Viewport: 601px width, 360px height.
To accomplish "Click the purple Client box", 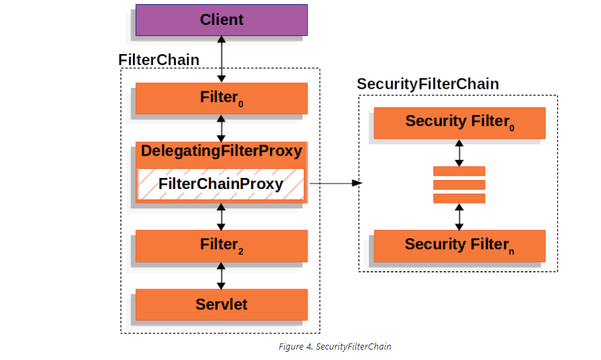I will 221,20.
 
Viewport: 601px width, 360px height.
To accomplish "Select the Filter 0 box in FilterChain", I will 221,98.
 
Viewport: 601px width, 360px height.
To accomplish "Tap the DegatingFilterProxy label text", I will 221,151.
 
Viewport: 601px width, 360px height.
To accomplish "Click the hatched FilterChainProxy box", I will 221,184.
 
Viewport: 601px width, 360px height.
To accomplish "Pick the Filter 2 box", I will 221,245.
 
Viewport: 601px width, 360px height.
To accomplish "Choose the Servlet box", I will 221,304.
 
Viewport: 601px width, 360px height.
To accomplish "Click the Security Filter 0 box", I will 459,123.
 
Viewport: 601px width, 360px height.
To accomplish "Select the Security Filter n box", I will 459,245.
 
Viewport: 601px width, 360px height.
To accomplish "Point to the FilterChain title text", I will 159,60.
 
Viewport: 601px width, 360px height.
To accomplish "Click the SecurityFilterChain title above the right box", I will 427,84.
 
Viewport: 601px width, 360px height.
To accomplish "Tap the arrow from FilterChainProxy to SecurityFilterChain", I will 335,183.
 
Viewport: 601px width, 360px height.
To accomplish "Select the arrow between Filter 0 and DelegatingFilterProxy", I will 222,129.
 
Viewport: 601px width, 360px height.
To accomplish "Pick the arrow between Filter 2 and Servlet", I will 222,276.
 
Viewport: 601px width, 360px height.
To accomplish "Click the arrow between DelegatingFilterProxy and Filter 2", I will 222,216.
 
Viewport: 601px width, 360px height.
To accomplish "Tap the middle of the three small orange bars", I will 459,185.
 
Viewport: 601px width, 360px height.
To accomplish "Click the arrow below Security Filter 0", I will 459,153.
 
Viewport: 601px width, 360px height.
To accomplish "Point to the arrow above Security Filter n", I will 459,217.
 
